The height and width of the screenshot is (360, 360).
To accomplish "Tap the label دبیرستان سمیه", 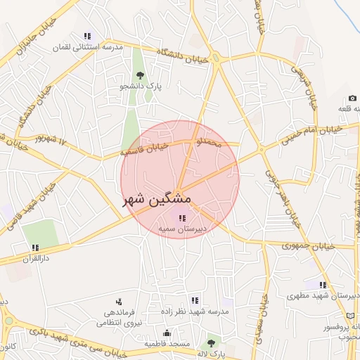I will point(182,230).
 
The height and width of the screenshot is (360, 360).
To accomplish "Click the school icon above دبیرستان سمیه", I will point(183,219).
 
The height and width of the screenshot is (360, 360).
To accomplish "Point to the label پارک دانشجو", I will point(139,86).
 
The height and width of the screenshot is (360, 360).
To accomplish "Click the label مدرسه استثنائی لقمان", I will point(88,47).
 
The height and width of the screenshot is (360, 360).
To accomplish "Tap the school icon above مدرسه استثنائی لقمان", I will point(87,36).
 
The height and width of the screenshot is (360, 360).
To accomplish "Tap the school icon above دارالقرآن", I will point(34,247).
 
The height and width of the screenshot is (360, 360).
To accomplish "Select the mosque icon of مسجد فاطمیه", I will point(167,333).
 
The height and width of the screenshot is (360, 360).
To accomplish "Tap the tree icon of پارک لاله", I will point(210,343).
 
